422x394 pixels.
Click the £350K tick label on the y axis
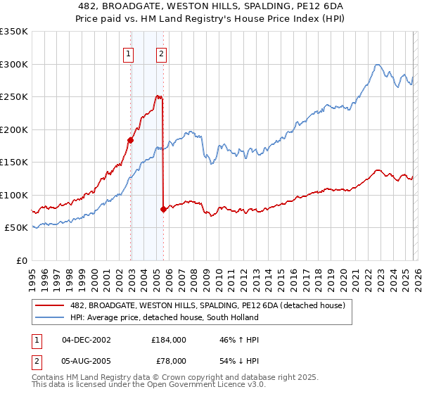(x=13, y=32)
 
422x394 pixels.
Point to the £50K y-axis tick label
(x=16, y=228)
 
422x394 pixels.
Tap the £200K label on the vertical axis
(x=13, y=129)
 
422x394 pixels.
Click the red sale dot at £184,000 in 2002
(x=131, y=140)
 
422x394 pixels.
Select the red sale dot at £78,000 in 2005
(x=163, y=209)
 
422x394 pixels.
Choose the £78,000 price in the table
(x=169, y=360)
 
